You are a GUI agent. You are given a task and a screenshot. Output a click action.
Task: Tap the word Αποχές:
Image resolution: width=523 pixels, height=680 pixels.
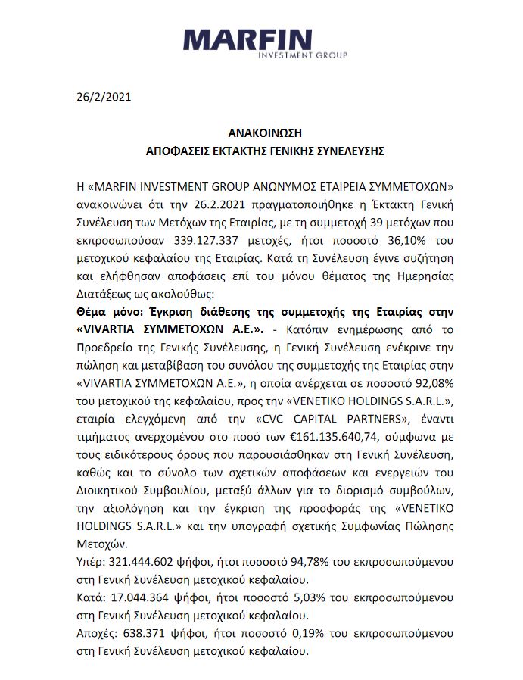[x=97, y=635]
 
